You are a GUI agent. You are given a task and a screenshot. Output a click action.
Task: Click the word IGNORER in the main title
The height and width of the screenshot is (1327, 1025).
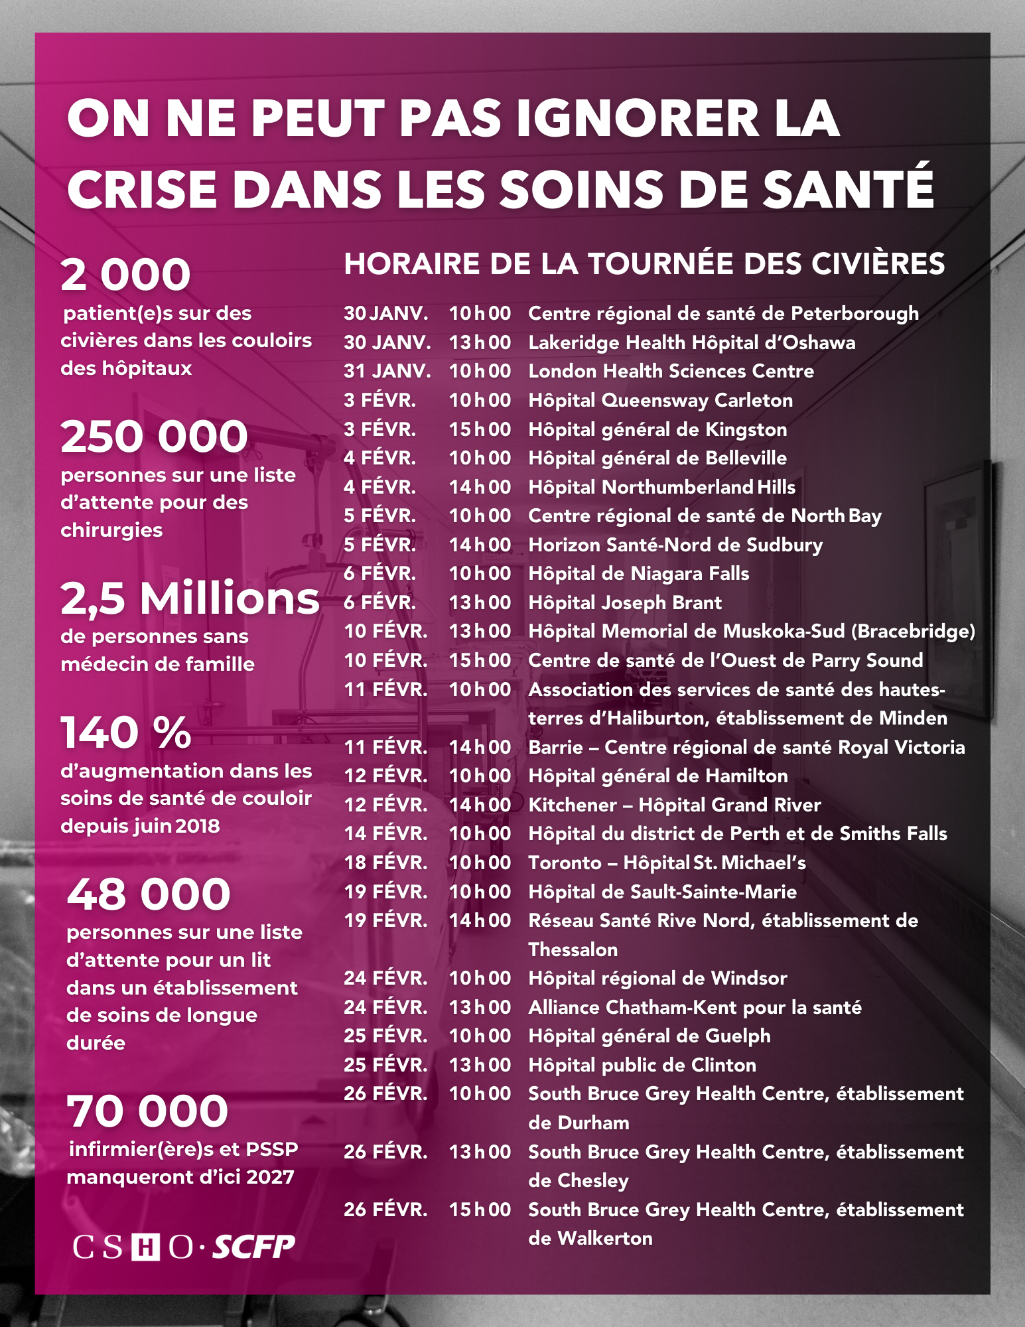pos(636,119)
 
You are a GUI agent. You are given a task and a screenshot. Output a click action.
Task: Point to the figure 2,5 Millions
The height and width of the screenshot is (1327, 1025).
pos(190,598)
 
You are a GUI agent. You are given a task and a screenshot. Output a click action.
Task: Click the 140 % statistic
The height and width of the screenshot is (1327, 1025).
pos(126,733)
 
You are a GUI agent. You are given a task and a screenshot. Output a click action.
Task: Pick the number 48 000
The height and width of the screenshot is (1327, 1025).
pos(149,894)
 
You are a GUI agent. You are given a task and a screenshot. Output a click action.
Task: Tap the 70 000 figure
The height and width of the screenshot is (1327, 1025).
pos(147,1111)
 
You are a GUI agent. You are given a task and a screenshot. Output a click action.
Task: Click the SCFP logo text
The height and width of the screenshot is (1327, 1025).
pos(253,1247)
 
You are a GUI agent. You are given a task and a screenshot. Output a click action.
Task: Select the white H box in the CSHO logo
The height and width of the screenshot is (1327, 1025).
pos(145,1248)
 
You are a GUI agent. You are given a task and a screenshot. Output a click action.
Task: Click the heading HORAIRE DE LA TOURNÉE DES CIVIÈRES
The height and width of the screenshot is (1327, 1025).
pos(644,263)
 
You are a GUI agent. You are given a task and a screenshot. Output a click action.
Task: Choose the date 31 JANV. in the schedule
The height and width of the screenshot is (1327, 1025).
pos(387,371)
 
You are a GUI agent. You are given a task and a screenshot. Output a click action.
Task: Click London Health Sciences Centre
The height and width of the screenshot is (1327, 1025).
pos(671,371)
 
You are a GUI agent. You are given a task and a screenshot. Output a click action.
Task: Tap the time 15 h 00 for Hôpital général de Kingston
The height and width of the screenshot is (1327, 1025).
pos(480,429)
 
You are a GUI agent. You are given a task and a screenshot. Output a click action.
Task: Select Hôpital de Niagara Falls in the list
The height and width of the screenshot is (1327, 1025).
pos(638,573)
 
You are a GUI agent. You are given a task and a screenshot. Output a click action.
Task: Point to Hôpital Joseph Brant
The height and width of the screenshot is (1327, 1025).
pos(624,602)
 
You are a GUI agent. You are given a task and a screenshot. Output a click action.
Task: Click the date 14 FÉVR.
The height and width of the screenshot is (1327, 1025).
pos(385,833)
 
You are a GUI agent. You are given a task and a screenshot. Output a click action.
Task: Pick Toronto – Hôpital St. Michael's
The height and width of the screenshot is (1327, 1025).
pos(667,863)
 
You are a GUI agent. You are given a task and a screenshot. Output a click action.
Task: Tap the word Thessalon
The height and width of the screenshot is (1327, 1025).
pos(573,949)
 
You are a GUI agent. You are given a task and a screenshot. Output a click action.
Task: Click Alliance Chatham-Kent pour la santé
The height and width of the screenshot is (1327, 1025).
pos(695,1007)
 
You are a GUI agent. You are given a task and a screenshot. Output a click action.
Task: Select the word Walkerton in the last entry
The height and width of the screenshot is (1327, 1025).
pos(604,1238)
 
